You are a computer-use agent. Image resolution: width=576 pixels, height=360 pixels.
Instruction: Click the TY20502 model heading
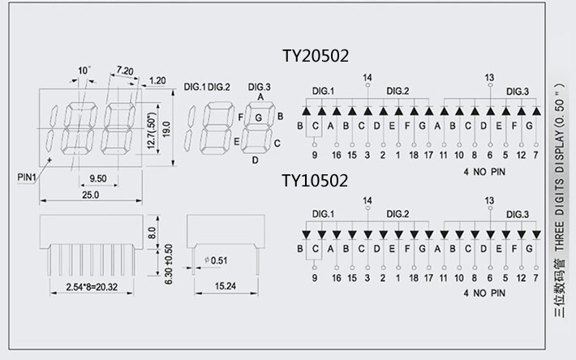click(315, 56)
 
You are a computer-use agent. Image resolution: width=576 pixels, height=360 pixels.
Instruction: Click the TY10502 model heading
click(315, 180)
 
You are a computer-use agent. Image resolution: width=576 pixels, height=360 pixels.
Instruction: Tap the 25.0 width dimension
click(90, 195)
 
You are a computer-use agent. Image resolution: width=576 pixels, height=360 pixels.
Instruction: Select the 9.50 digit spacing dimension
click(98, 177)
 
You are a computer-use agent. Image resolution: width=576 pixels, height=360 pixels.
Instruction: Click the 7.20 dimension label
click(124, 71)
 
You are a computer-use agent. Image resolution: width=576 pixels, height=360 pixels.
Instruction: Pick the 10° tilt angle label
click(85, 71)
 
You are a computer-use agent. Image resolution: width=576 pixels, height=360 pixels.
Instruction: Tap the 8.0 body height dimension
click(152, 233)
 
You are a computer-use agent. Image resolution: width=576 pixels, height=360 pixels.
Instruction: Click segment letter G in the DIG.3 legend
click(259, 118)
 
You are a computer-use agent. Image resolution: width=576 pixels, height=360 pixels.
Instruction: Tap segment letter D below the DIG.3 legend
click(255, 160)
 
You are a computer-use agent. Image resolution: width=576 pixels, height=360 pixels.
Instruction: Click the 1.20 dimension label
click(157, 80)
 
